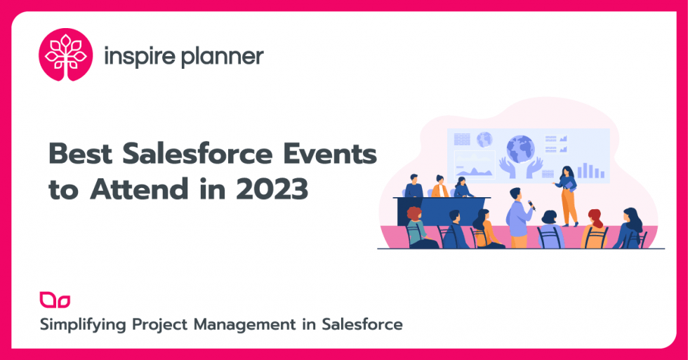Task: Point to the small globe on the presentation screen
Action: [484, 139]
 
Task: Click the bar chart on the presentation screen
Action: [595, 171]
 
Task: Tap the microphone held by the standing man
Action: [532, 205]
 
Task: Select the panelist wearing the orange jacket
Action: [440, 189]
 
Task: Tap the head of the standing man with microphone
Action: [515, 194]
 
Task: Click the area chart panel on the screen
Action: [475, 167]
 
